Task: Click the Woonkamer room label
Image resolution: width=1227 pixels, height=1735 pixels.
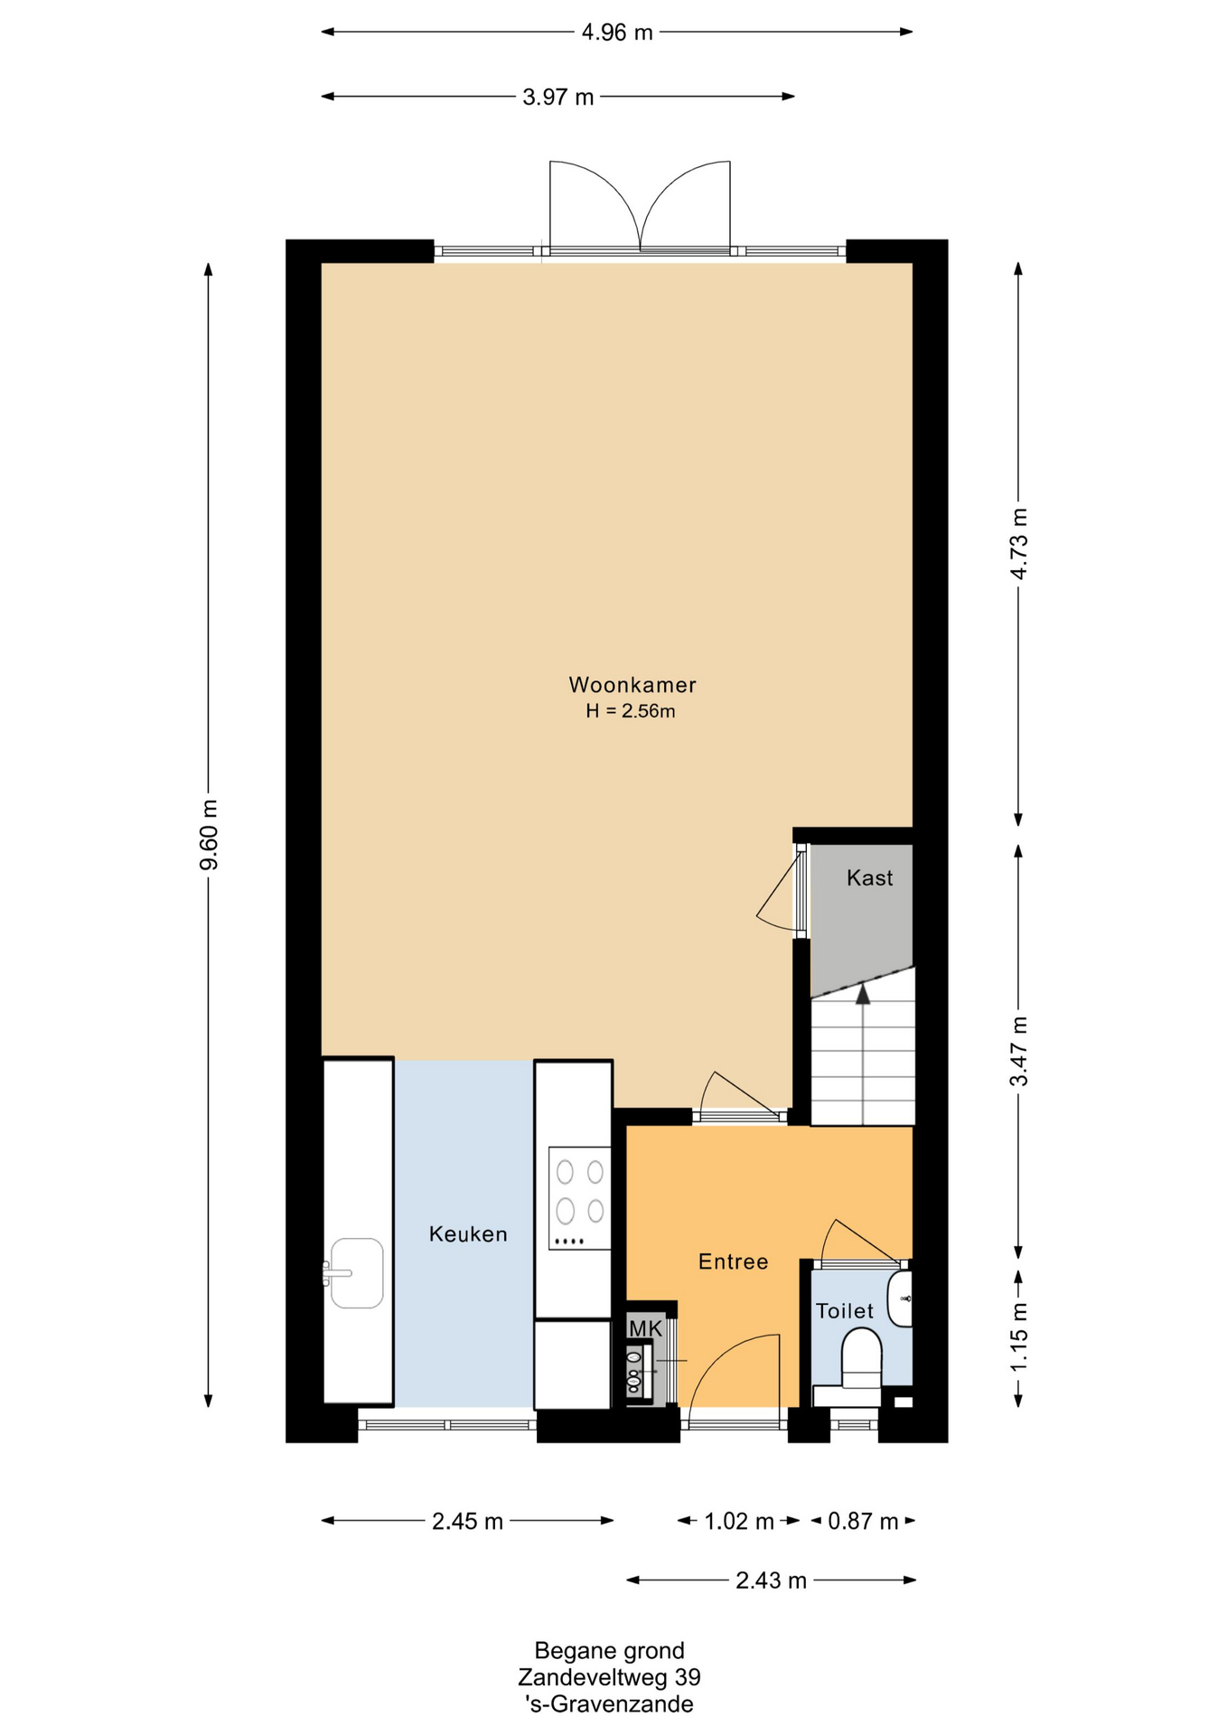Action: [x=632, y=685]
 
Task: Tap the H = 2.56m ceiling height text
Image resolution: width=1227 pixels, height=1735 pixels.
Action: [x=631, y=711]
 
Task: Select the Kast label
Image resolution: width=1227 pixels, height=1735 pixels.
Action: [x=869, y=877]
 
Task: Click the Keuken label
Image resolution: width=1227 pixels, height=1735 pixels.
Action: [x=468, y=1234]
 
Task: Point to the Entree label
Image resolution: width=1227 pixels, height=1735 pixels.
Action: [x=733, y=1261]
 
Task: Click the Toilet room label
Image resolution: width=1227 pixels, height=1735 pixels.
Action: [x=845, y=1311]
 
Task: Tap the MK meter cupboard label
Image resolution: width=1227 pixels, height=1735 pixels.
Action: [x=645, y=1328]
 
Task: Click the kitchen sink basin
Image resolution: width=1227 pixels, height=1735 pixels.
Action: [x=356, y=1273]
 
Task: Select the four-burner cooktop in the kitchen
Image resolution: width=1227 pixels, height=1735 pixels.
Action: [x=579, y=1198]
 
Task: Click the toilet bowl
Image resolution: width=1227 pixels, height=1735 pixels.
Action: [x=861, y=1356]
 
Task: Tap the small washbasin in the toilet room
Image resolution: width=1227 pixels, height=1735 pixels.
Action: [x=900, y=1299]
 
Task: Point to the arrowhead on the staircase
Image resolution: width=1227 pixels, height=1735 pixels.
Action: [x=863, y=994]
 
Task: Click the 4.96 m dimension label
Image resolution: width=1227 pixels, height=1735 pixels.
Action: [x=617, y=33]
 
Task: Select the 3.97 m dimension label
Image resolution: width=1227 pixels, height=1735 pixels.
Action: [x=558, y=97]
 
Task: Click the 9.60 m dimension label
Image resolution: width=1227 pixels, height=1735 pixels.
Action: [x=209, y=835]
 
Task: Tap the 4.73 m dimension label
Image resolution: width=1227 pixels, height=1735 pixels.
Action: [x=1019, y=544]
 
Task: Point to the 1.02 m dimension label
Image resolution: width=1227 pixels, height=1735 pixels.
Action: [x=739, y=1522]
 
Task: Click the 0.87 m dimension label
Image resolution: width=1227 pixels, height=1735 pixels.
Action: [x=863, y=1522]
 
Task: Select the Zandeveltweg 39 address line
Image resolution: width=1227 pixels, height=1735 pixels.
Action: [x=609, y=1677]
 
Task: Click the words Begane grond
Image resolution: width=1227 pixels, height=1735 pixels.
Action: [x=609, y=1651]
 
